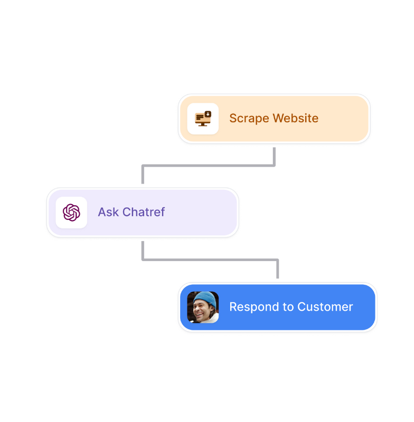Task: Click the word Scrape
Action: (249, 119)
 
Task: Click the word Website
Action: (296, 118)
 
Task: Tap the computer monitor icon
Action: (203, 119)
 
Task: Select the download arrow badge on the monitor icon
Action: (208, 114)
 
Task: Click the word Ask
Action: (108, 212)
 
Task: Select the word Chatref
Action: (144, 212)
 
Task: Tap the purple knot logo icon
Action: (71, 213)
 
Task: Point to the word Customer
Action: (325, 307)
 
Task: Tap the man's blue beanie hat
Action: (205, 300)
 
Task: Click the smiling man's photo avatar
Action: (203, 307)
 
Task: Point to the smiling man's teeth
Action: (199, 314)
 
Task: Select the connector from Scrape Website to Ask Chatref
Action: (209, 166)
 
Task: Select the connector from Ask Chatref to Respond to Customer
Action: (210, 260)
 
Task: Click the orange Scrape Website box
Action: (274, 119)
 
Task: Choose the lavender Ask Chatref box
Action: (143, 213)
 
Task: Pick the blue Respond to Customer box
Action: (278, 307)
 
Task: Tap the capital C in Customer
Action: (302, 307)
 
